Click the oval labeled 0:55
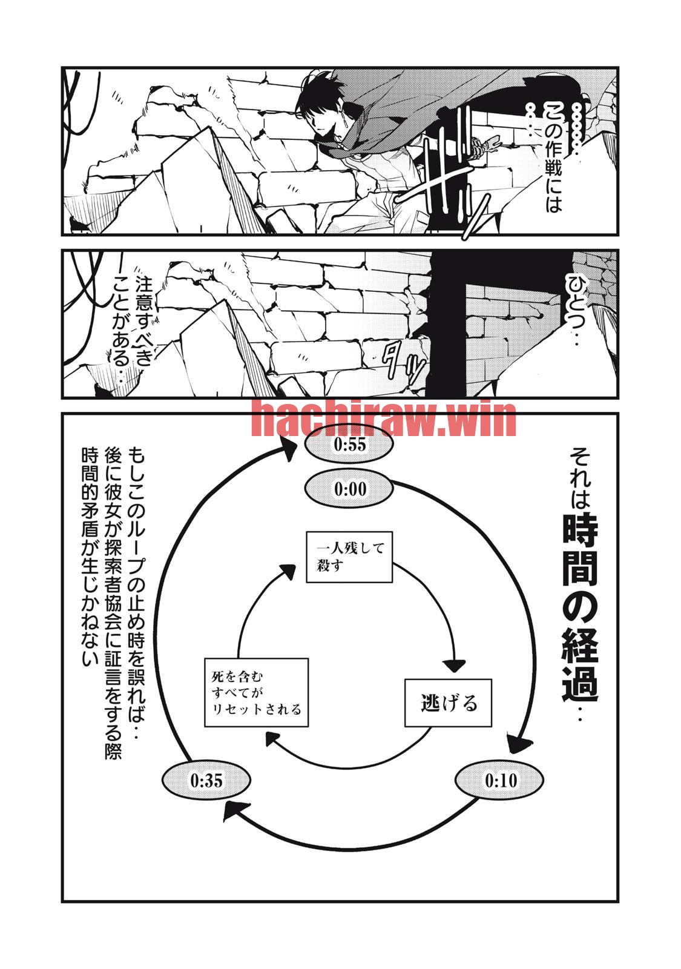(x=349, y=445)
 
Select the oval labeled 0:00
(x=349, y=488)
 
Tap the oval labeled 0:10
(x=499, y=781)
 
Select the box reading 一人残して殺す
(x=349, y=557)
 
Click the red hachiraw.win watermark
(x=384, y=418)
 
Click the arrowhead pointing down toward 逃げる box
(x=452, y=666)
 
